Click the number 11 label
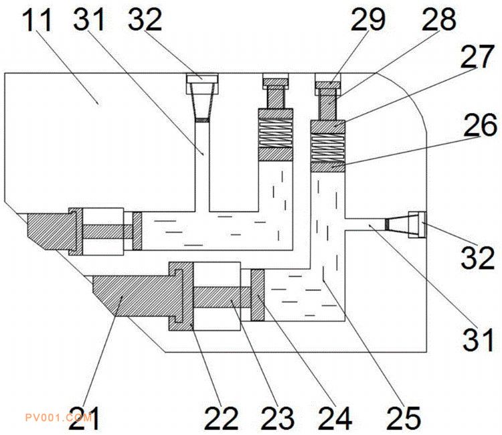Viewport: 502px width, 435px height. (x=37, y=20)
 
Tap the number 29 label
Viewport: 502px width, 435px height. (x=368, y=20)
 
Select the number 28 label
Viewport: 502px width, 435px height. (x=439, y=20)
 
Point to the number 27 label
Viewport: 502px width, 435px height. (x=477, y=56)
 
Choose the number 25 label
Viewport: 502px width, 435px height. (x=404, y=418)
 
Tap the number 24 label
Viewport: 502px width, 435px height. (x=335, y=418)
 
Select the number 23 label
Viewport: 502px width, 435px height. (x=278, y=418)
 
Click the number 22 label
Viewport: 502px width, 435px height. (x=222, y=418)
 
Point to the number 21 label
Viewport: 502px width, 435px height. (x=84, y=418)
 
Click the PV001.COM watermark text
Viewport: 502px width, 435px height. (x=59, y=418)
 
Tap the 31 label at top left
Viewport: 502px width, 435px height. (x=89, y=19)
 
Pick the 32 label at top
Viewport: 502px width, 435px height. (x=145, y=19)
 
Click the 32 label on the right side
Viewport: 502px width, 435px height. (x=478, y=257)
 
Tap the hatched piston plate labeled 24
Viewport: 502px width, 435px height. (x=258, y=295)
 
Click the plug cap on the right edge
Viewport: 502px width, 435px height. (x=418, y=225)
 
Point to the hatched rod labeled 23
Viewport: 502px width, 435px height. (x=222, y=297)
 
